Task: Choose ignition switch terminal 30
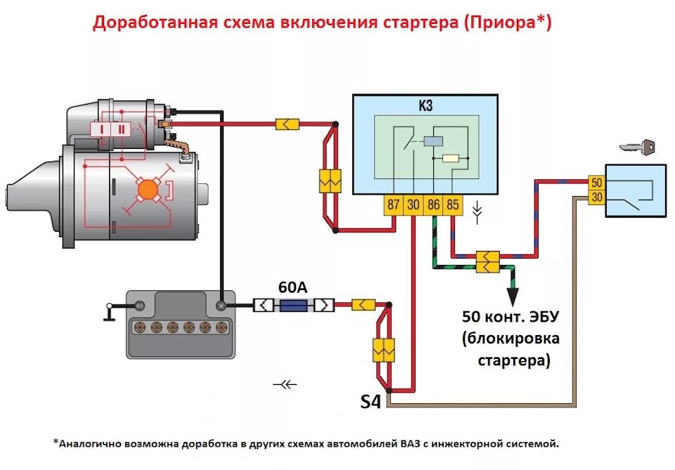596,199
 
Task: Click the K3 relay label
425,106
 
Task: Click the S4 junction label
371,403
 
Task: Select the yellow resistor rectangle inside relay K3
449,157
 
